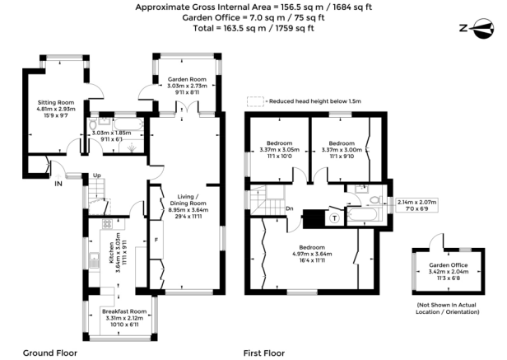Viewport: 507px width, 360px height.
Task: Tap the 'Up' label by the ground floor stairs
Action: coord(96,175)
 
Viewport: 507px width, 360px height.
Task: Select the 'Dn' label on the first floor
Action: coord(290,208)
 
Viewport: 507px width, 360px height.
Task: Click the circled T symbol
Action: coord(338,218)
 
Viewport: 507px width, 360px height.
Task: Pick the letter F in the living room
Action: coord(156,241)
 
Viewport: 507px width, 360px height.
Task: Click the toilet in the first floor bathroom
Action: coord(374,200)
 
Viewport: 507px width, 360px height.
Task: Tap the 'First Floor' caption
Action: coord(263,353)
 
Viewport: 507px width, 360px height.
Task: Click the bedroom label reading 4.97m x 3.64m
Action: coord(313,253)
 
